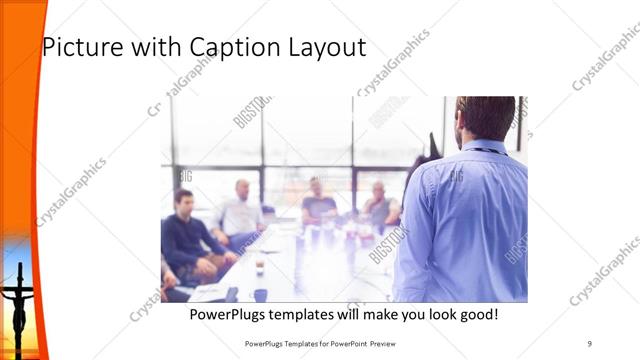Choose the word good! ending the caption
point(476,315)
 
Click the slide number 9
point(590,343)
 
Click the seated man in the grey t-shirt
point(318,203)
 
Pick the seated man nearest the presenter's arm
point(381,205)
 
